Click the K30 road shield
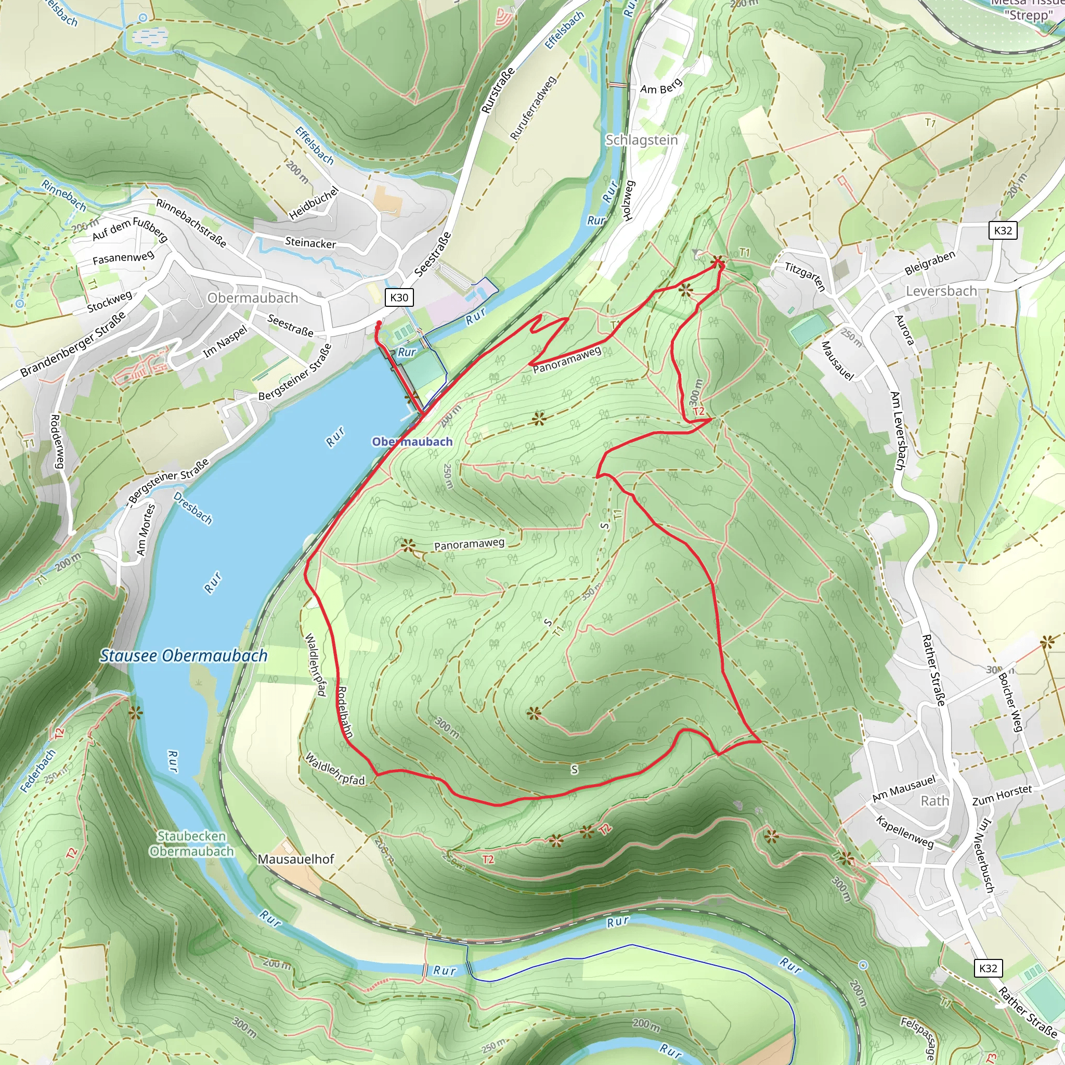pyautogui.click(x=399, y=297)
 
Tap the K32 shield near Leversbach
pyautogui.click(x=1003, y=230)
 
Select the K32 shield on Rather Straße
pyautogui.click(x=988, y=968)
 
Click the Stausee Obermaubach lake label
pyautogui.click(x=184, y=655)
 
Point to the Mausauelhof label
pyautogui.click(x=296, y=859)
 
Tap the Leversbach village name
pyautogui.click(x=941, y=291)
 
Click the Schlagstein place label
pyautogui.click(x=642, y=140)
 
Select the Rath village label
pyautogui.click(x=935, y=800)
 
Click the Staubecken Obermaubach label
pyautogui.click(x=191, y=843)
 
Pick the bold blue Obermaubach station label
pyautogui.click(x=412, y=441)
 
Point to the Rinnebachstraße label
pyautogui.click(x=191, y=223)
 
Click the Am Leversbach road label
pyautogui.click(x=898, y=431)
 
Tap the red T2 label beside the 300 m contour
pyautogui.click(x=698, y=411)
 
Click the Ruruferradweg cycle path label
pyautogui.click(x=532, y=108)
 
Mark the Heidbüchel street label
pyautogui.click(x=314, y=203)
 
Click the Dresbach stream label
pyautogui.click(x=192, y=508)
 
